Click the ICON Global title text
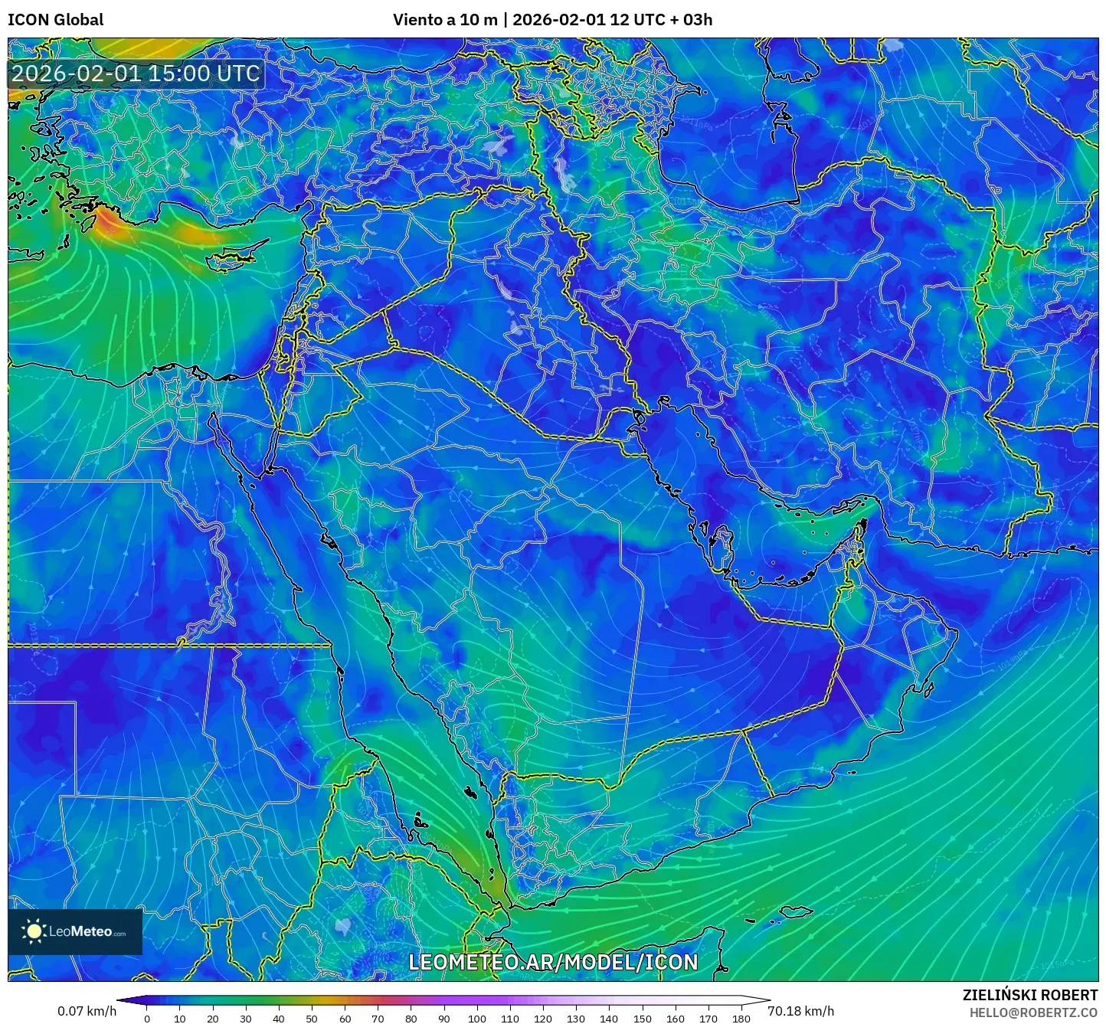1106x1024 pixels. [x=55, y=20]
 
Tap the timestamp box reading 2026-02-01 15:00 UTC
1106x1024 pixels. [x=136, y=74]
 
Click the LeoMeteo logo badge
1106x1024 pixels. [x=75, y=931]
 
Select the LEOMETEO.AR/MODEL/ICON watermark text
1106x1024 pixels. [x=553, y=963]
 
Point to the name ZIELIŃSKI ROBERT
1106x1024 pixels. [x=1030, y=995]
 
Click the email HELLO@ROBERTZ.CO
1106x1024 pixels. [x=1033, y=1013]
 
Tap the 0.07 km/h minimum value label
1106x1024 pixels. [x=87, y=1011]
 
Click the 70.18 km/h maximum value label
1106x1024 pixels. [x=800, y=1011]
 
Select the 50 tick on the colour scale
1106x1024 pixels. [x=312, y=1019]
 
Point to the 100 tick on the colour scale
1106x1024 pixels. [x=476, y=1019]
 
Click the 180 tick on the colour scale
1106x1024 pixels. [x=741, y=1019]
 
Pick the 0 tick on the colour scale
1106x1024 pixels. [x=147, y=1019]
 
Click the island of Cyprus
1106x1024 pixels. [x=236, y=257]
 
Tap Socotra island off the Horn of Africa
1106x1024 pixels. [x=797, y=912]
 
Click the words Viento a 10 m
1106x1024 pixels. [x=445, y=20]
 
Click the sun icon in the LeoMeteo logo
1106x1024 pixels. [x=34, y=931]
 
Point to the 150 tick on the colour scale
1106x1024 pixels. [x=642, y=1019]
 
